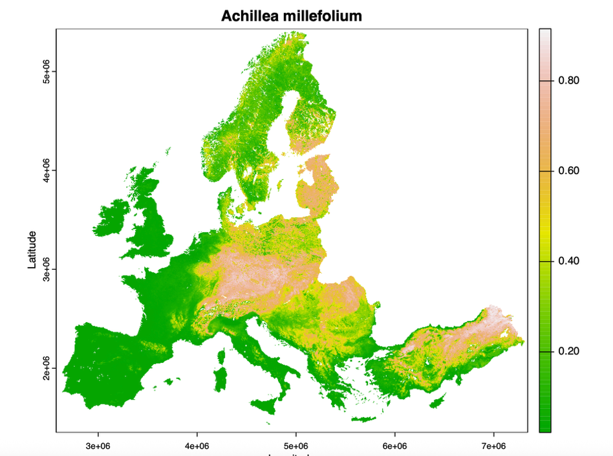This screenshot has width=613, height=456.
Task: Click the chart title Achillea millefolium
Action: pos(292,16)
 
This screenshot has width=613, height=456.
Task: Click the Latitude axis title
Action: pos(32,250)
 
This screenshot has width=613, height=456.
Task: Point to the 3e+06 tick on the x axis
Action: pos(98,446)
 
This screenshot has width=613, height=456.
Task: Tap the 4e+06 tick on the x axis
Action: pos(197,446)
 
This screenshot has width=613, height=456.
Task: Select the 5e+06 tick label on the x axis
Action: pos(296,446)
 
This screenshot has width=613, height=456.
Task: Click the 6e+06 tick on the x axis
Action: pos(394,446)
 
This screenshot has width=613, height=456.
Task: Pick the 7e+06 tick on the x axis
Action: pos(493,446)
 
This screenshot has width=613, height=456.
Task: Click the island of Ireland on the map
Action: pos(114,217)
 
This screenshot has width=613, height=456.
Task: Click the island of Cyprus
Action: pos(438,402)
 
